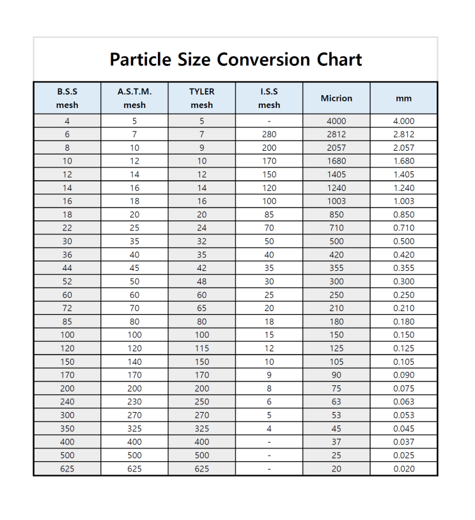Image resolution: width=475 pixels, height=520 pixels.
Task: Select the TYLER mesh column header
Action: (202, 98)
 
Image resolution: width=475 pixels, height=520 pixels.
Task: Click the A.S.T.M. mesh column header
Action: (134, 98)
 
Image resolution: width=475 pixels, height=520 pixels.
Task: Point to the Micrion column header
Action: (336, 98)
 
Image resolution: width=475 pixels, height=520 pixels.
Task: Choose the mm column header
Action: (403, 98)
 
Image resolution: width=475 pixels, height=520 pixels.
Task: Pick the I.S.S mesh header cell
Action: (269, 98)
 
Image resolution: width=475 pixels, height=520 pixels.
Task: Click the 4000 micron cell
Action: (336, 121)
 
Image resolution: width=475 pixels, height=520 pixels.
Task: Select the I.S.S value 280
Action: (269, 134)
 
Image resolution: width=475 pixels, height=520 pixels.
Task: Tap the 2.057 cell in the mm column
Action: (403, 148)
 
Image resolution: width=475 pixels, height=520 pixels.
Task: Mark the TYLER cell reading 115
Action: (202, 348)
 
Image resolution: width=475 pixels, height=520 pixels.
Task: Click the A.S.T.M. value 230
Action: (134, 402)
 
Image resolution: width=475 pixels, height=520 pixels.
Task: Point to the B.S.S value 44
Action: (67, 268)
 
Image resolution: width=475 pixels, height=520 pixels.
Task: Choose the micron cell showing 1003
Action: (336, 201)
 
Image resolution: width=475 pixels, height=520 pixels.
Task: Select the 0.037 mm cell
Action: (403, 442)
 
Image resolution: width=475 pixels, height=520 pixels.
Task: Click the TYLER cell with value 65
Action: (202, 308)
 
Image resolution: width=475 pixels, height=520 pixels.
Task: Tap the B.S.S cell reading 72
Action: (67, 308)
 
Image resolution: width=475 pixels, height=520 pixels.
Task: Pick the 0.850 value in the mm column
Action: (403, 215)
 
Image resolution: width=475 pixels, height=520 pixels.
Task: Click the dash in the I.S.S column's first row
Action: (269, 121)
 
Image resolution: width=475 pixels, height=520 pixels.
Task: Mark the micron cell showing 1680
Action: (336, 161)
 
